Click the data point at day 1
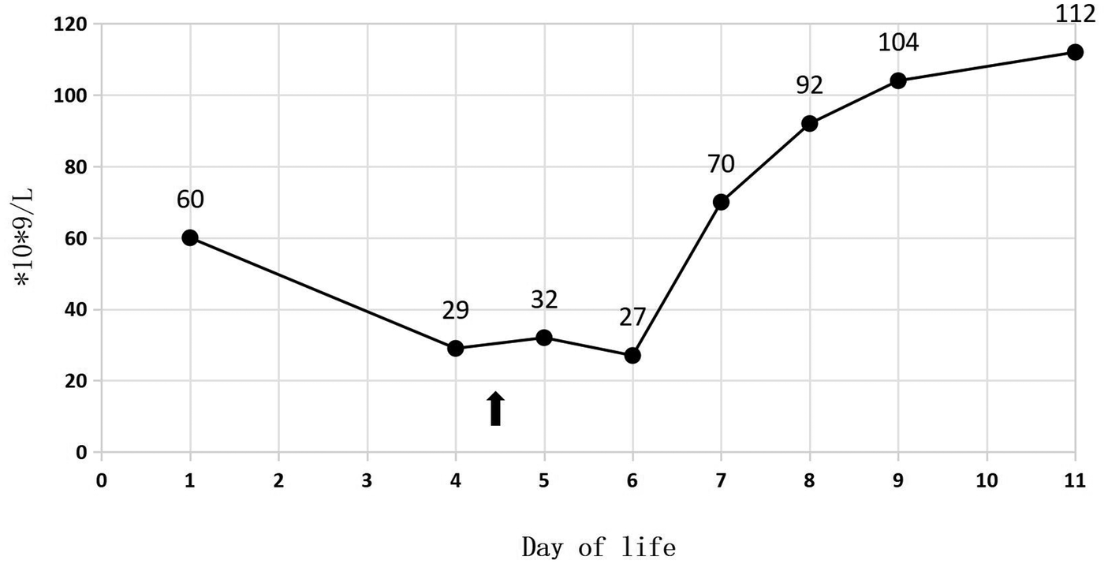190,238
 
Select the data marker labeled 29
455,349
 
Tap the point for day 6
632,356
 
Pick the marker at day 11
1075,52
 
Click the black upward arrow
495,409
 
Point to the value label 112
1075,14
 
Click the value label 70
721,164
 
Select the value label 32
544,300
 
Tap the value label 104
898,43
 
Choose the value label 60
190,200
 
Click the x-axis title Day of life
599,546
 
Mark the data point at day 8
809,124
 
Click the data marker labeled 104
898,80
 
